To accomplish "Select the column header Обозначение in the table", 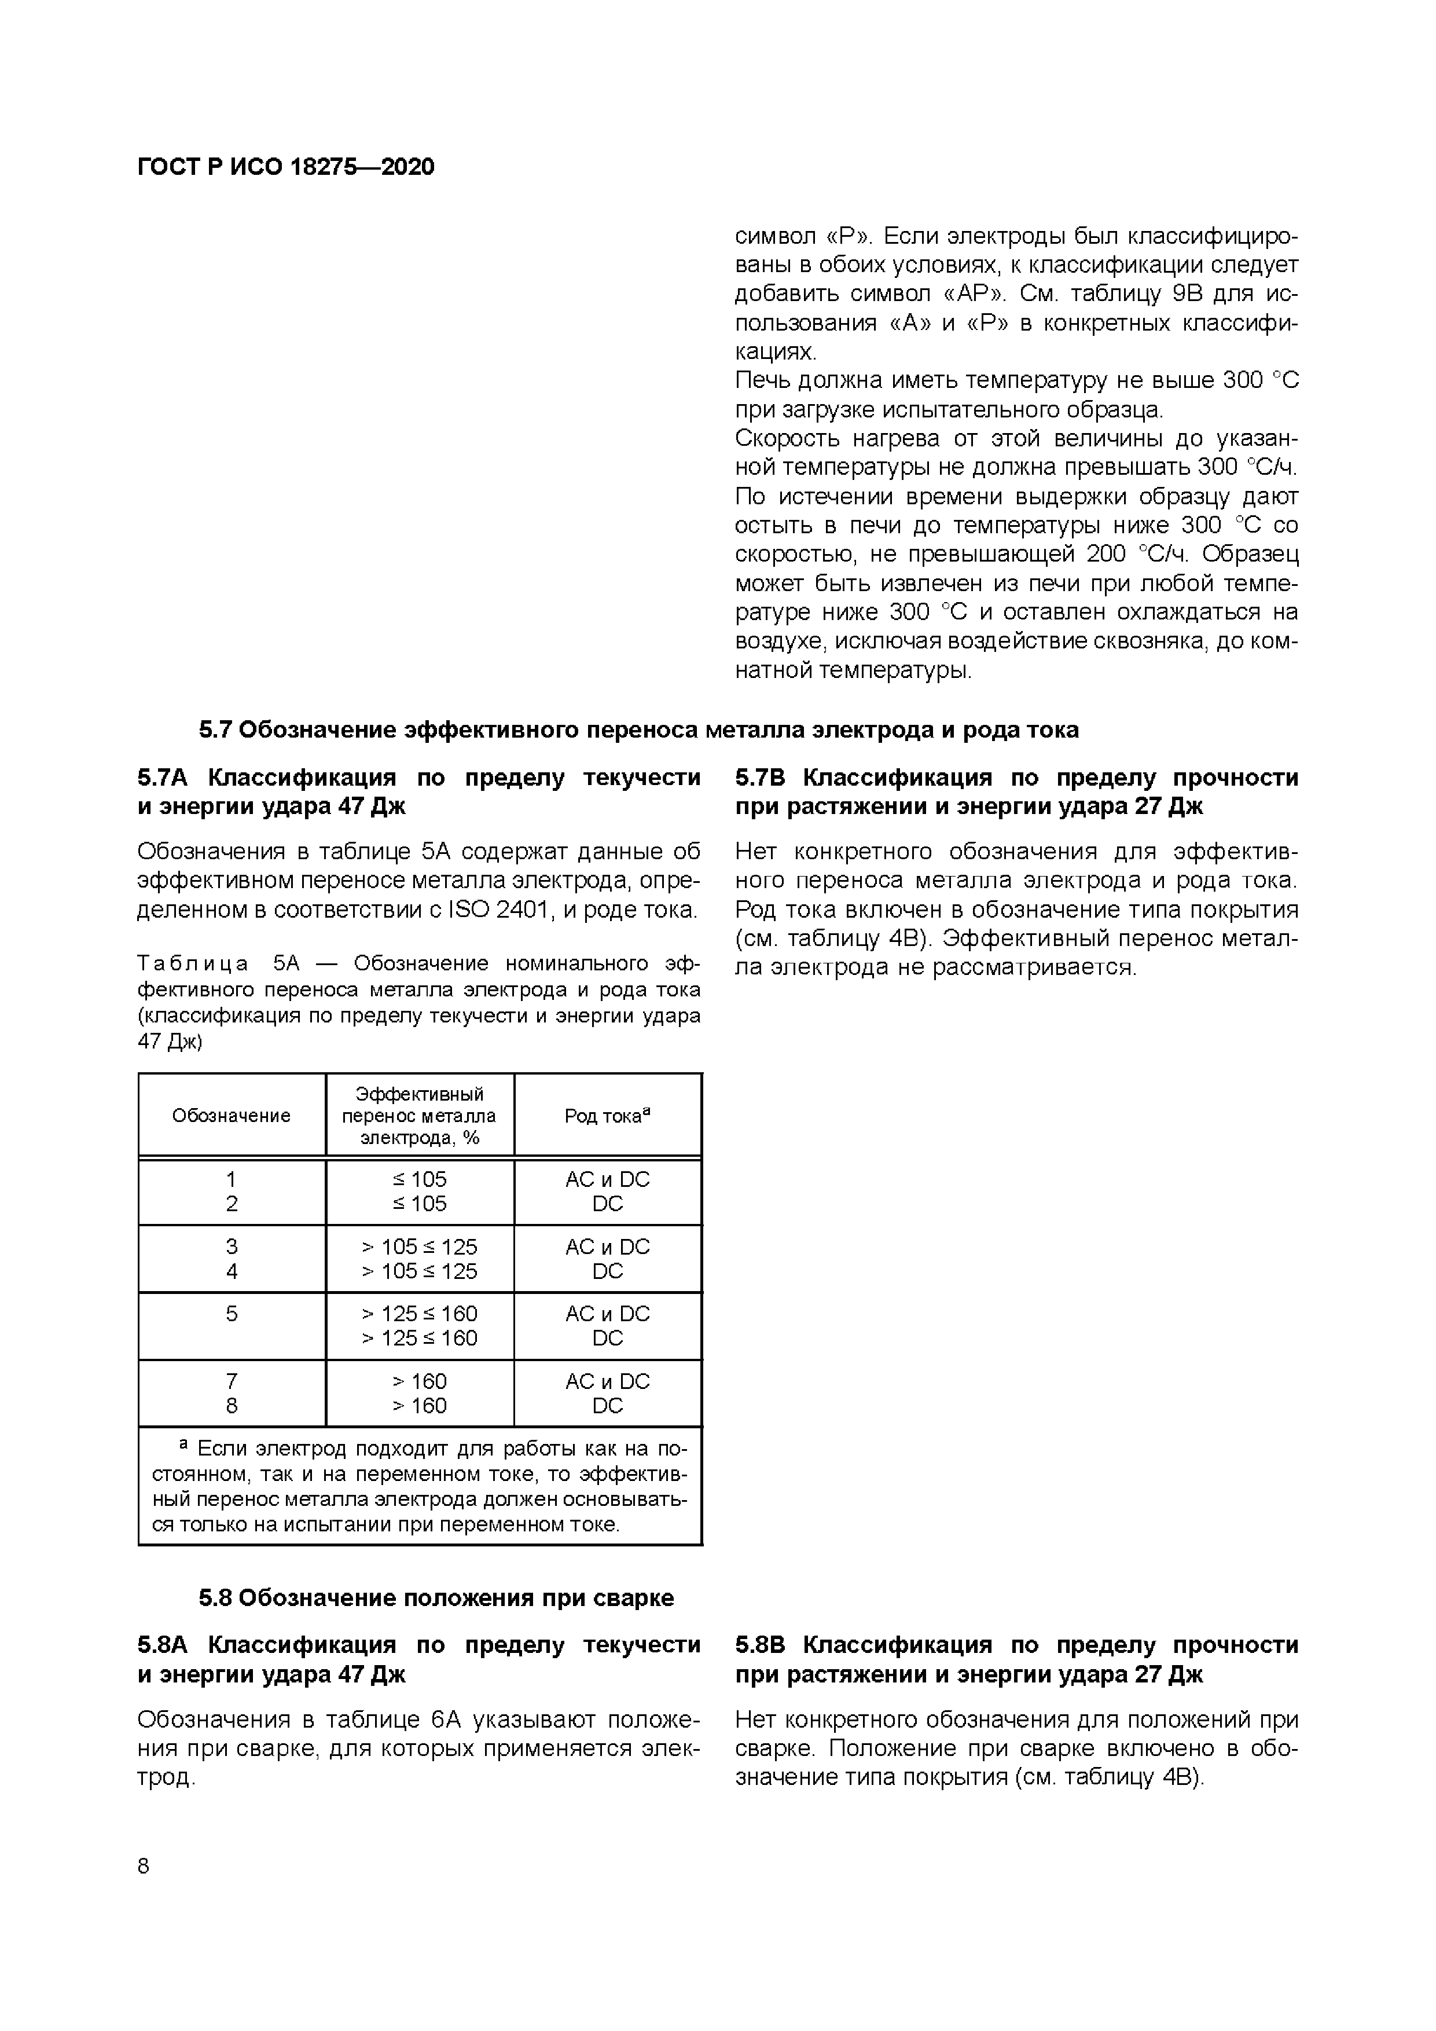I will [231, 1116].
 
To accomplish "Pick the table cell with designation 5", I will [232, 1314].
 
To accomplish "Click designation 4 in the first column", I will [232, 1271].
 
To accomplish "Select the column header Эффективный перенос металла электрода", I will [419, 1116].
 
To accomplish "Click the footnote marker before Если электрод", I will [184, 1443].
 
